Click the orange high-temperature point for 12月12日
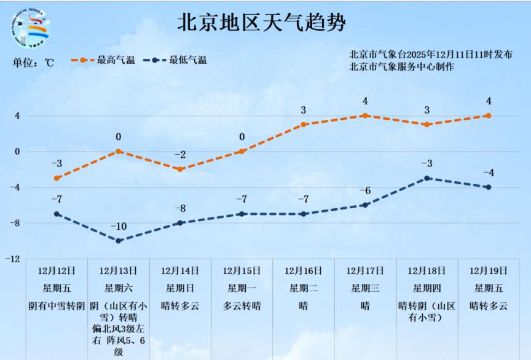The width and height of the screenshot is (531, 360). [x=57, y=178]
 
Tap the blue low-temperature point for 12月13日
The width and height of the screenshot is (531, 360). [x=119, y=241]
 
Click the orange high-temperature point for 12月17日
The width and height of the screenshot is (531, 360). [x=365, y=115]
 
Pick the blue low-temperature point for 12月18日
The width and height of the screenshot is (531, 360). [x=427, y=178]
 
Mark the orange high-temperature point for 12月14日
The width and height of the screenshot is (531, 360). [x=180, y=169]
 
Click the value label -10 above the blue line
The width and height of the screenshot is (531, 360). [x=119, y=227]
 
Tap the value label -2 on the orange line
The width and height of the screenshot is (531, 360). [x=180, y=155]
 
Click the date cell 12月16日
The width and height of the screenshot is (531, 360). [x=304, y=270]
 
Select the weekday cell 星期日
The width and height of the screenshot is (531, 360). [x=180, y=288]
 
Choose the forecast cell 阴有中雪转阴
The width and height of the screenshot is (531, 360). [x=57, y=305]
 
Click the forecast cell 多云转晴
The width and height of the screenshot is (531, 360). [x=242, y=305]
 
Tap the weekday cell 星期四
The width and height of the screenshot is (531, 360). [x=427, y=288]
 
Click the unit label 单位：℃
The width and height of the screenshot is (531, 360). [x=34, y=62]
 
